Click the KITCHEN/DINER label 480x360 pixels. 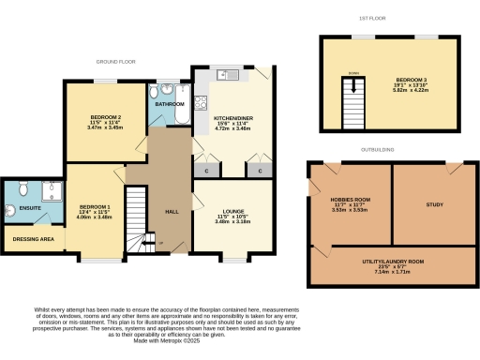pos(229,118)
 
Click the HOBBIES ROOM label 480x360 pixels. pos(349,200)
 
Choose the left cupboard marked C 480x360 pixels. pos(206,172)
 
